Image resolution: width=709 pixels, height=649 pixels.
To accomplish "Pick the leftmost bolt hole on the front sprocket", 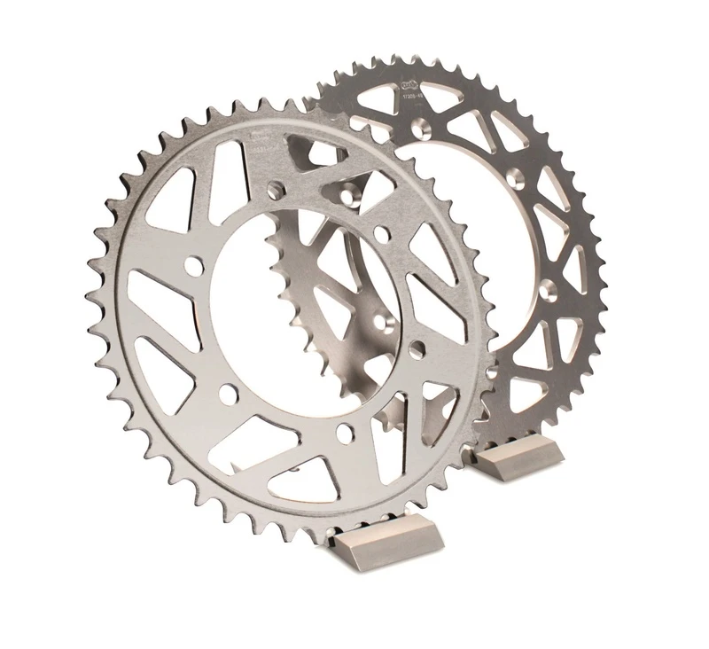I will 190,265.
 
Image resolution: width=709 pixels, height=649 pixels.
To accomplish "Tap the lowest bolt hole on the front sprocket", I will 347,431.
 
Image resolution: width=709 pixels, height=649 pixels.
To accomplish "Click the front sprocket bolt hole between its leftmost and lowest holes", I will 229,391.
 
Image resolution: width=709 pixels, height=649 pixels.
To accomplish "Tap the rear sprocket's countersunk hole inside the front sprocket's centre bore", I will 384,319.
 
